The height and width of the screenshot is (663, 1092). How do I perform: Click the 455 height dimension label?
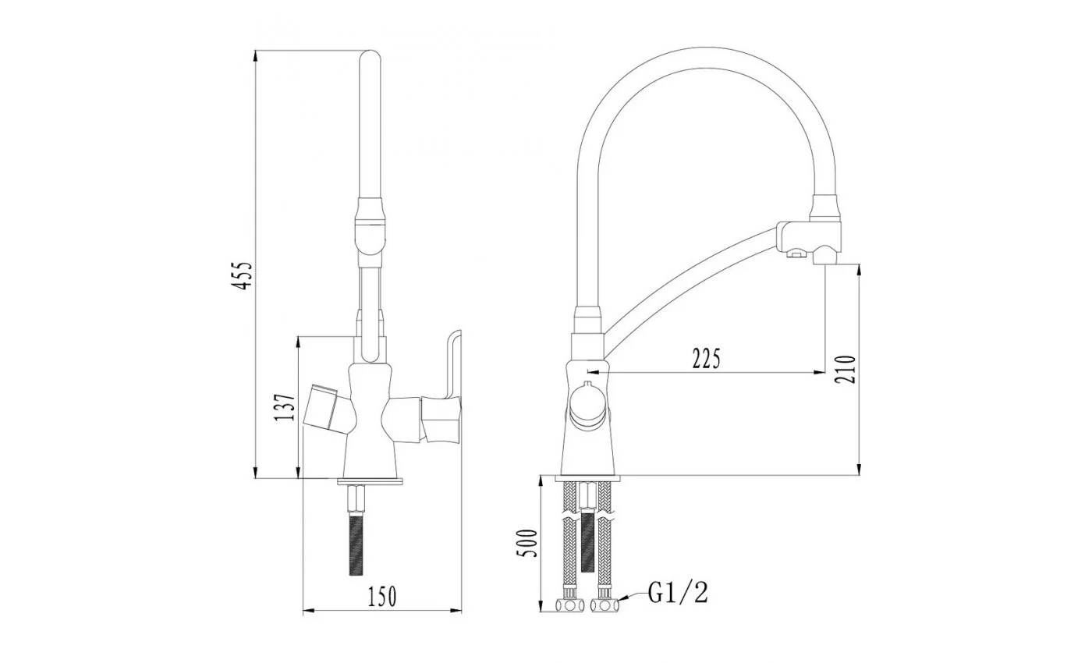pos(243,276)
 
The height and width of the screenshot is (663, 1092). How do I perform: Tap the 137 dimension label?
pos(285,407)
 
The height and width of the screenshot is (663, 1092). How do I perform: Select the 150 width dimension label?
pos(382,597)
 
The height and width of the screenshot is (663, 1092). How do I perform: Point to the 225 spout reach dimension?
pos(706,359)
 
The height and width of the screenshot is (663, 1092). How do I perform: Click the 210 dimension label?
pos(846,370)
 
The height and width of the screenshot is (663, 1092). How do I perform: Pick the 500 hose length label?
pos(526,543)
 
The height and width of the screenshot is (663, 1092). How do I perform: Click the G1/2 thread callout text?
pos(678,593)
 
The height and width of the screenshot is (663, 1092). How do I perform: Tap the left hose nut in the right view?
pos(569,605)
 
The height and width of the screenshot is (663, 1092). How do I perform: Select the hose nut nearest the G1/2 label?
pos(604,605)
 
